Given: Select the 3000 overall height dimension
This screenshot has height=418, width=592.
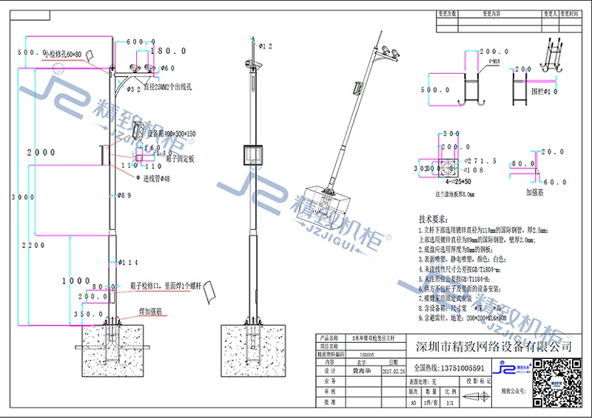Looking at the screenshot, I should (18, 198).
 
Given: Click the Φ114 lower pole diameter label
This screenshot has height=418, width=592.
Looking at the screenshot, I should (128, 262).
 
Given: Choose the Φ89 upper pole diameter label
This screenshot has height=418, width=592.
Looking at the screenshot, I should (125, 195).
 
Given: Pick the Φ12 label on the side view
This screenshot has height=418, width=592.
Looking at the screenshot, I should (266, 46).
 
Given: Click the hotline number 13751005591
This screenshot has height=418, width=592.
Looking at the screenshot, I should (451, 368).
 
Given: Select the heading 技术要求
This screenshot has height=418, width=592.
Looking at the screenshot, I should (434, 220).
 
